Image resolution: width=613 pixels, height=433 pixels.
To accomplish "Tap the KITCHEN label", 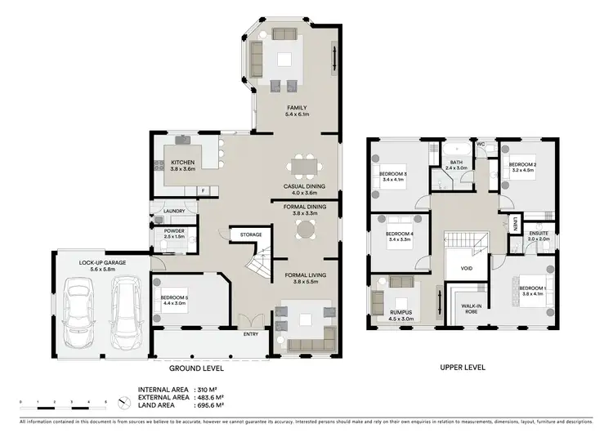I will pyautogui.click(x=183, y=163).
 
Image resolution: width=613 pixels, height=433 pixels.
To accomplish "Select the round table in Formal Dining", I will pyautogui.click(x=304, y=228).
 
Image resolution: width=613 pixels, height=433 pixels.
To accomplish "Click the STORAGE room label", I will pyautogui.click(x=251, y=235).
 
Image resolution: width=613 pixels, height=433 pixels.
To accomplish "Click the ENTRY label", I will pyautogui.click(x=251, y=333).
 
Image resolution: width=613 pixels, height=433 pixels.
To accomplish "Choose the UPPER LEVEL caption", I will pyautogui.click(x=462, y=368).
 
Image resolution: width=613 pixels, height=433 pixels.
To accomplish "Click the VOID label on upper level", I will pyautogui.click(x=468, y=267).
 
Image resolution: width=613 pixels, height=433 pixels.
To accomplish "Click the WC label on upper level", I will pyautogui.click(x=481, y=145).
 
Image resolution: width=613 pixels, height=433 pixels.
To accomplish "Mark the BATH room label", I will pyautogui.click(x=454, y=163).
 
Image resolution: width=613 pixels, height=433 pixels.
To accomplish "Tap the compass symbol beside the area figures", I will pyautogui.click(x=123, y=401).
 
